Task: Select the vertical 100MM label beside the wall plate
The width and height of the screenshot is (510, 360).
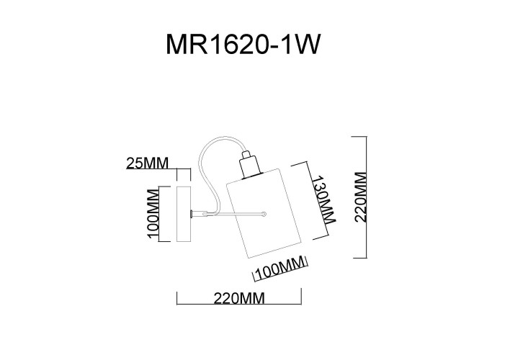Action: click(152, 214)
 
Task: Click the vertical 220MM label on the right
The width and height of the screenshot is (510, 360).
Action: click(362, 197)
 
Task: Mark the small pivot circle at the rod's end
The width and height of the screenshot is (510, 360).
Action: click(265, 213)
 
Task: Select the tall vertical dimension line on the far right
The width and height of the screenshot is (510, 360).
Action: click(368, 197)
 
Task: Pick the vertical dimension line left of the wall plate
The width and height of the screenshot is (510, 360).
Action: click(161, 214)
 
